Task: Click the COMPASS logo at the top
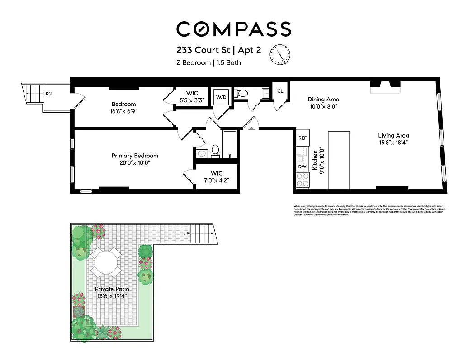click(233, 29)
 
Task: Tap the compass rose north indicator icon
click(279, 55)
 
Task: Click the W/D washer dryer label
click(221, 97)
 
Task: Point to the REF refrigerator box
click(302, 138)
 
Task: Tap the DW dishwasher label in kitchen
click(302, 167)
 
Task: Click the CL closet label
click(280, 91)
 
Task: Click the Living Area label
click(393, 135)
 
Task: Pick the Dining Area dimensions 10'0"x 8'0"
click(323, 107)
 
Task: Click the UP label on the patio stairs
click(186, 234)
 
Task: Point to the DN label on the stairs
click(48, 94)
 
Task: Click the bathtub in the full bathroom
click(230, 144)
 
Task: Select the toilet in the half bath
click(243, 93)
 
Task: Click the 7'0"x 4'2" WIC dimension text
click(216, 180)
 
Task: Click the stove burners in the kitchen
click(302, 180)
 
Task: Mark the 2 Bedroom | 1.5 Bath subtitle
click(208, 63)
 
